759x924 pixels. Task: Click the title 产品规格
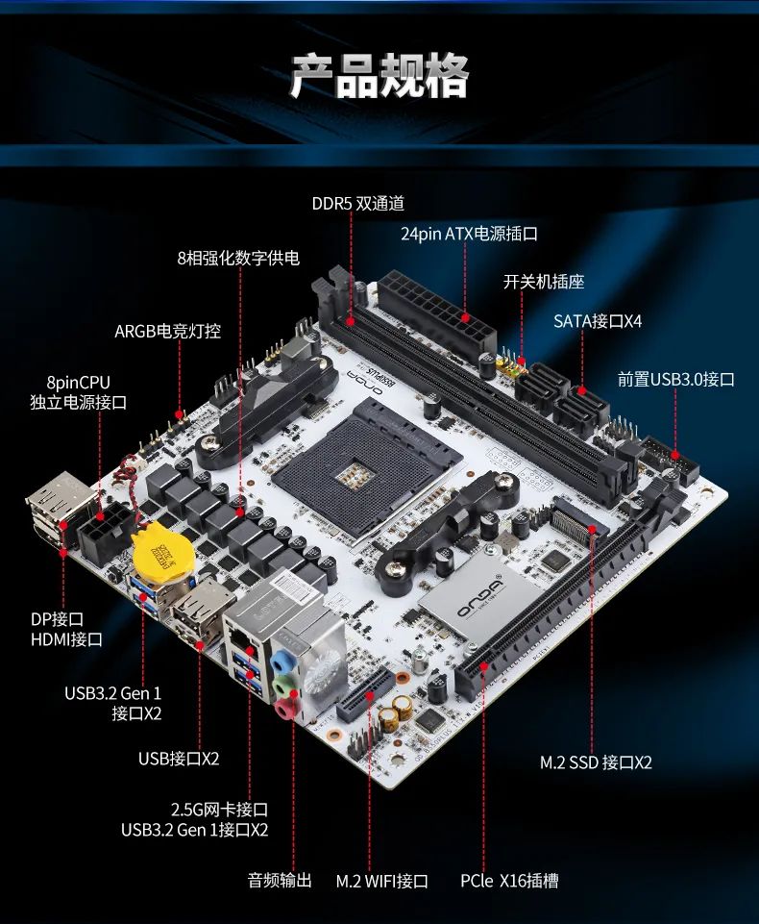379,76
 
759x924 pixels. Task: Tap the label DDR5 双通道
357,203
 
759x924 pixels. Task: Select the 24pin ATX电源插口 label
469,234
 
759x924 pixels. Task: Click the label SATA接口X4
597,320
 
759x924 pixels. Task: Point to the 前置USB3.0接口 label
675,379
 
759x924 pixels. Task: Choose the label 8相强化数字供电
238,258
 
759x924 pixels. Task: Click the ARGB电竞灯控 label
167,331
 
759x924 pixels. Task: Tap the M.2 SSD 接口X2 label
596,762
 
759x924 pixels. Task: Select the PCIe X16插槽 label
508,880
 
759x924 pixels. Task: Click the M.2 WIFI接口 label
381,880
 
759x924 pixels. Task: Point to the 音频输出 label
280,880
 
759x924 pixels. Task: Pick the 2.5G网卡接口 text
219,809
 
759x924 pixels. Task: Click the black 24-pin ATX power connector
437,307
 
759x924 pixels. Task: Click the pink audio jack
285,710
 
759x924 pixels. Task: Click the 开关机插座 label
544,282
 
